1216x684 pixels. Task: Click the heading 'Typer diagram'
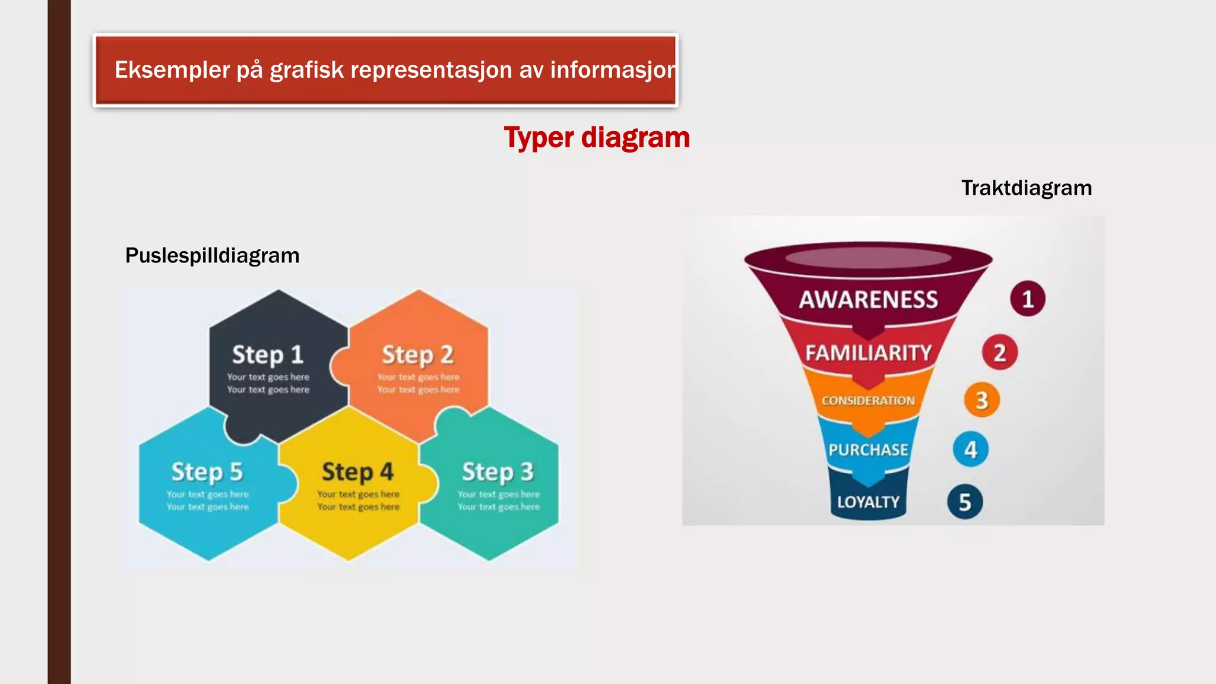(597, 138)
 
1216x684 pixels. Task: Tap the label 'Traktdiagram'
(1026, 188)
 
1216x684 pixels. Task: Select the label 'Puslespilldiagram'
(212, 256)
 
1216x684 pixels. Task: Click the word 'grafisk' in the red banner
(306, 70)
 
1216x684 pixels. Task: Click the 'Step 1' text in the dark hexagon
(267, 355)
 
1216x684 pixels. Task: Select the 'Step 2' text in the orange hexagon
(417, 355)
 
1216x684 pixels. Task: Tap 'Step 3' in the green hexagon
(498, 472)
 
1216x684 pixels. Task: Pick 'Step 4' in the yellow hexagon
(357, 472)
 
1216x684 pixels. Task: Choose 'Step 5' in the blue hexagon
(207, 472)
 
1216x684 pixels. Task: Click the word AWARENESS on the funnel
(868, 299)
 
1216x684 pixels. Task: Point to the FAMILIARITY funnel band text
(868, 353)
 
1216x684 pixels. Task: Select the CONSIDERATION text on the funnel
(868, 401)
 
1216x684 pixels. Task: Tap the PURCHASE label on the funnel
(868, 449)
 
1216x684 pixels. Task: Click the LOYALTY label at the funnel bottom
(868, 502)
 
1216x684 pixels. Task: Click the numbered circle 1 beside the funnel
(1028, 299)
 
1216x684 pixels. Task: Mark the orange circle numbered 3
(981, 400)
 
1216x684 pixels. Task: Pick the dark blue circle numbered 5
(965, 502)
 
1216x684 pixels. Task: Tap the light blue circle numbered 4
(971, 449)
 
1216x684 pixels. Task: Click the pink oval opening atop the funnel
(868, 258)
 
